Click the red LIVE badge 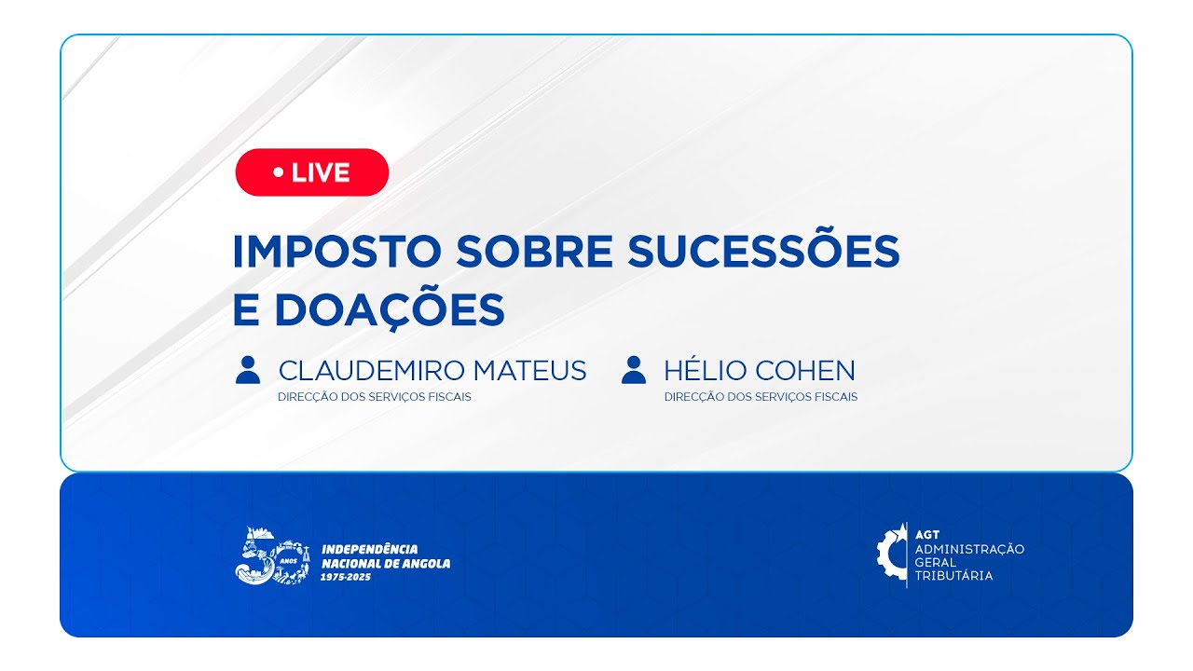click(311, 172)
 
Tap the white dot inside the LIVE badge click(278, 172)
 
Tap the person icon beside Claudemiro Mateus click(248, 370)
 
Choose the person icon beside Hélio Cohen click(633, 370)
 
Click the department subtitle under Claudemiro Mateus click(374, 397)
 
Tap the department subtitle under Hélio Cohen click(761, 397)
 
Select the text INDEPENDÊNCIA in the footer click(369, 549)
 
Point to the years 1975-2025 click(345, 578)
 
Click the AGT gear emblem click(891, 555)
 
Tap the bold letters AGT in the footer click(927, 535)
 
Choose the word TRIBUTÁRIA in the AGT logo click(953, 576)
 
